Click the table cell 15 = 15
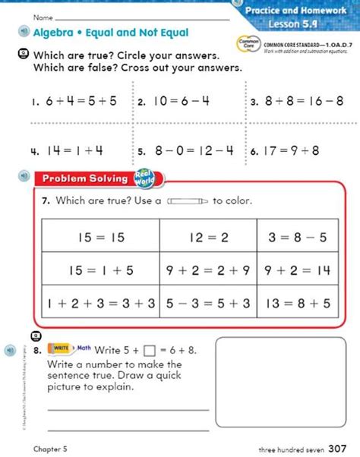100,238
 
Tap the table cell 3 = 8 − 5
299,238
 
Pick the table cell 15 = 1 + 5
100,270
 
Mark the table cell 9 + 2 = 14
299,270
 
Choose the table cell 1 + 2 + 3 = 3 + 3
100,303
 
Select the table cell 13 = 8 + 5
299,303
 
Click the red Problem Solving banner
85,179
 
